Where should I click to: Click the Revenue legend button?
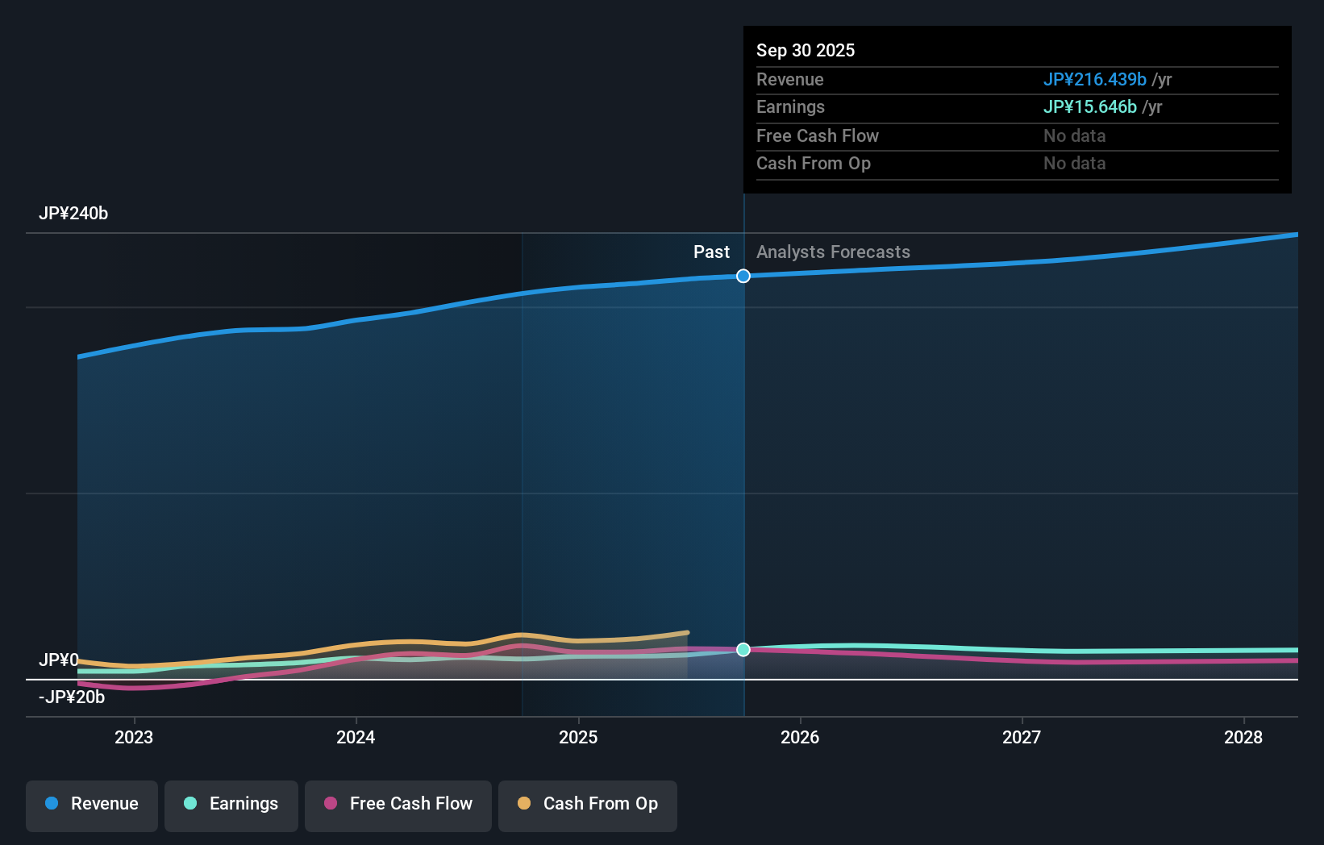(92, 805)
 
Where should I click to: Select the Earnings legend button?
(231, 805)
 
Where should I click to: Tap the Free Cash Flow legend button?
(398, 805)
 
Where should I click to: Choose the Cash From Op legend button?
(588, 805)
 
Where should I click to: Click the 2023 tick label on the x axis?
(134, 738)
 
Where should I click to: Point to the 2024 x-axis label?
(356, 738)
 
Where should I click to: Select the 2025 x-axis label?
(578, 738)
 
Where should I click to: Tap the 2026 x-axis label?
(800, 738)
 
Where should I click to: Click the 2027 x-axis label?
(1022, 738)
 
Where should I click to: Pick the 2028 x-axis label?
(1243, 738)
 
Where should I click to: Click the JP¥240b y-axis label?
(73, 214)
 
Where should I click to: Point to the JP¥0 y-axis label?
(59, 660)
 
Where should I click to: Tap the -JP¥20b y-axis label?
(72, 697)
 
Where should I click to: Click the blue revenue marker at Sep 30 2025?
(743, 277)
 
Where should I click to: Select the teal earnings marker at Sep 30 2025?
(743, 650)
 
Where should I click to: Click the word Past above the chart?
(711, 252)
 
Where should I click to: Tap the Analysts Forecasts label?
(833, 252)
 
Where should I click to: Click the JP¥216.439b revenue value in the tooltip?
(1094, 80)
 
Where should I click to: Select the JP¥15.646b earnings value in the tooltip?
(1089, 107)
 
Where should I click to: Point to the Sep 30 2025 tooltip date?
(806, 51)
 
